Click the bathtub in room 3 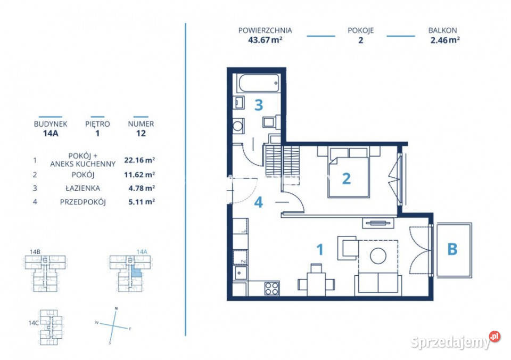click(x=259, y=83)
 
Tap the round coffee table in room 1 click(x=378, y=256)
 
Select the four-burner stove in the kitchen click(x=271, y=288)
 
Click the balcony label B click(x=452, y=249)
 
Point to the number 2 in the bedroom click(x=347, y=178)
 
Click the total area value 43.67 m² click(x=265, y=40)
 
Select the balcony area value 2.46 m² click(x=445, y=40)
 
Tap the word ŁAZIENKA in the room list click(x=83, y=188)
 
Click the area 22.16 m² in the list click(x=139, y=160)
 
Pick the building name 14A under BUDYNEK click(x=51, y=133)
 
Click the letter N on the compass click(x=116, y=308)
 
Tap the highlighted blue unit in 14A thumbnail click(x=137, y=272)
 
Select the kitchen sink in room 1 click(x=240, y=273)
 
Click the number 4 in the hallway click(x=259, y=202)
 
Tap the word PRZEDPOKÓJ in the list click(x=83, y=202)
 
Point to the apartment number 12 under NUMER click(x=141, y=133)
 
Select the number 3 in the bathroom click(x=259, y=105)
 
